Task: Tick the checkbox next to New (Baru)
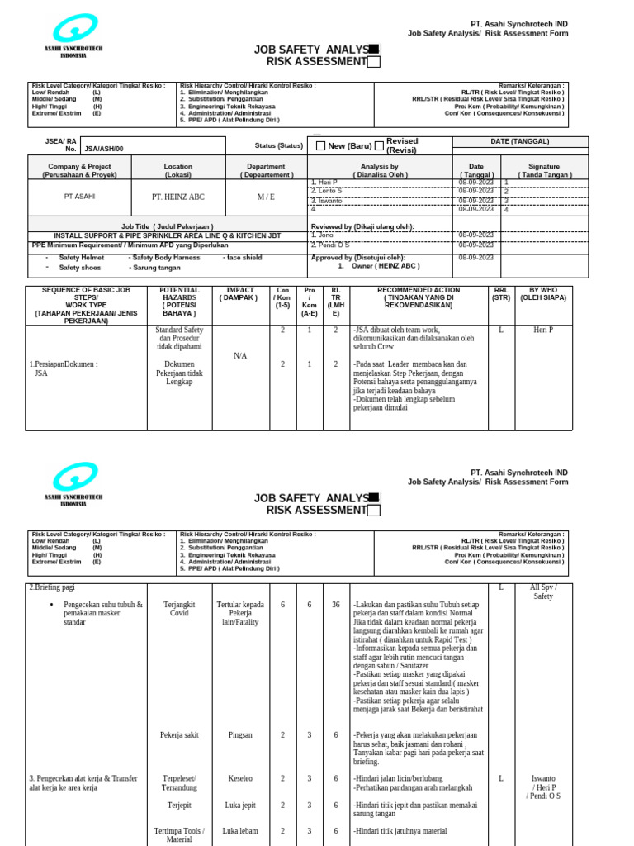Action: (320, 146)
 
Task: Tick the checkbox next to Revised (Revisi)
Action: (379, 146)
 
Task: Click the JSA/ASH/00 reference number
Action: (103, 149)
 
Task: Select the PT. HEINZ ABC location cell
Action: (177, 197)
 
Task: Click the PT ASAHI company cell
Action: (80, 197)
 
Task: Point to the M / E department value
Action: (266, 197)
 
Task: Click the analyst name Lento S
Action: (326, 191)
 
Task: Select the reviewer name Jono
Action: (321, 235)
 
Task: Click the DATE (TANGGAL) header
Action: (519, 141)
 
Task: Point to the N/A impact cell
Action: (240, 356)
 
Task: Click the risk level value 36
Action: (335, 605)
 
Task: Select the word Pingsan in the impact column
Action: (240, 734)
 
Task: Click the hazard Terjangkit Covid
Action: (179, 609)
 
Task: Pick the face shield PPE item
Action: (243, 258)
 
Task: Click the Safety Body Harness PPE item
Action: (164, 258)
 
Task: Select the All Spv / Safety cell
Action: (543, 592)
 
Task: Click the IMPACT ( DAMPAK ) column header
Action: (240, 294)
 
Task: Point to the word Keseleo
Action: (240, 778)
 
